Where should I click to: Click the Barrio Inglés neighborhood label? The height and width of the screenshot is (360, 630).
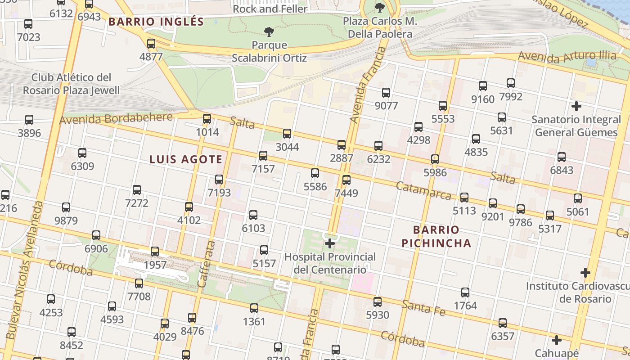coord(156,22)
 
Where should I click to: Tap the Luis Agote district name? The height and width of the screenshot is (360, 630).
coord(186,159)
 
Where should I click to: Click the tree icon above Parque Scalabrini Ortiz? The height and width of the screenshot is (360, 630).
coord(269,31)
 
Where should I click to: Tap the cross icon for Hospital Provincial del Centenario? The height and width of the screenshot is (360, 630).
coord(330,243)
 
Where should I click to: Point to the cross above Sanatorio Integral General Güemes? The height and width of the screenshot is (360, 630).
coord(576,106)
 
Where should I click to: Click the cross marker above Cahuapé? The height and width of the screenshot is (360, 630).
coord(557,340)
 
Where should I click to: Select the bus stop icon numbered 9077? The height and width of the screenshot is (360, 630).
coord(386,93)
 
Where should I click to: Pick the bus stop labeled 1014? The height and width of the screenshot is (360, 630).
coord(207,119)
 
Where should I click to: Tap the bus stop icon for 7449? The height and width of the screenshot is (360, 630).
coord(346,180)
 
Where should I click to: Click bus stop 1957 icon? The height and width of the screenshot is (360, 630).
coord(155,251)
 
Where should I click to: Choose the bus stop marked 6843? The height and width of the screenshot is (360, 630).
coord(562,157)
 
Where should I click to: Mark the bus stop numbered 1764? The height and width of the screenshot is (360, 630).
coord(465,292)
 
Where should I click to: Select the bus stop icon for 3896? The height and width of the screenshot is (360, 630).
coord(29,120)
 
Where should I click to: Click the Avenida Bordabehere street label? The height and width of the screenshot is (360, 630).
coord(116,119)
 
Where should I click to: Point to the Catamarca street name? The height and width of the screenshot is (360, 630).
coord(423,191)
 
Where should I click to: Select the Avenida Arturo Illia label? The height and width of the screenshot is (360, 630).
coord(567,56)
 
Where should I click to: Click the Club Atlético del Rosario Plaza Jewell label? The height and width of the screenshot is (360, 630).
coord(72,84)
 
